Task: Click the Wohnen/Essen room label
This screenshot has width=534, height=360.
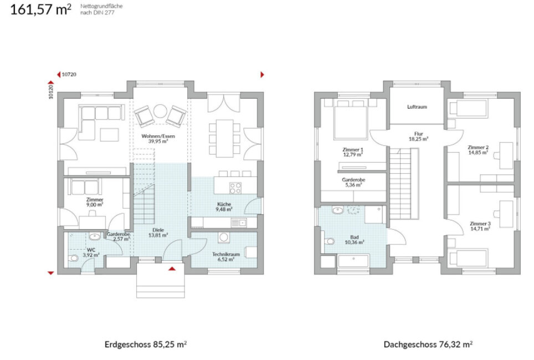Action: tap(158, 136)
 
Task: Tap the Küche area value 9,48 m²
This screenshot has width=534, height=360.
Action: tap(224, 209)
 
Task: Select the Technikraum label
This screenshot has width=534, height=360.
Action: tap(226, 254)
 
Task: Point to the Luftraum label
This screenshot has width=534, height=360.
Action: tap(417, 106)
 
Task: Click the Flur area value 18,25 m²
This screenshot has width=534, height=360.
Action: tap(418, 139)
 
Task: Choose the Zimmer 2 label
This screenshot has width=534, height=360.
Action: tap(478, 147)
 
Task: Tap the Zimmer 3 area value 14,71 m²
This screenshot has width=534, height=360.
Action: tap(480, 229)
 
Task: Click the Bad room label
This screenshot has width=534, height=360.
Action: tap(354, 237)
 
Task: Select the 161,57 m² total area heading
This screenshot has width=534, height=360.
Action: tap(41, 9)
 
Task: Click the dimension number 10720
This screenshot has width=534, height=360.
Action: tap(69, 74)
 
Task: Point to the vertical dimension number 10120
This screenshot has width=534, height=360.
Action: tap(51, 91)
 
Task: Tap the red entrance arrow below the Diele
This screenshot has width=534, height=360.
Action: tap(172, 269)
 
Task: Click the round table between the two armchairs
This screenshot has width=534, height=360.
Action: tap(160, 111)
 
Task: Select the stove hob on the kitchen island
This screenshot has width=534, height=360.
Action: tap(235, 188)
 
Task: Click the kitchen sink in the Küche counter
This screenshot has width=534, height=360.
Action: tap(239, 223)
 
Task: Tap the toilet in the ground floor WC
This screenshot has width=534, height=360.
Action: tap(73, 258)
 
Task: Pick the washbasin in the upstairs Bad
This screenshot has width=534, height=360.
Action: tap(337, 210)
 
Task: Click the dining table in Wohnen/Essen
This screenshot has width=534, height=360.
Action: tap(224, 138)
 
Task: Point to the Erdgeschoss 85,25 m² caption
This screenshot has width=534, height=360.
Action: tap(146, 344)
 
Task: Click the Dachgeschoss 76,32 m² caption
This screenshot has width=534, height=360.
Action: tap(428, 344)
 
